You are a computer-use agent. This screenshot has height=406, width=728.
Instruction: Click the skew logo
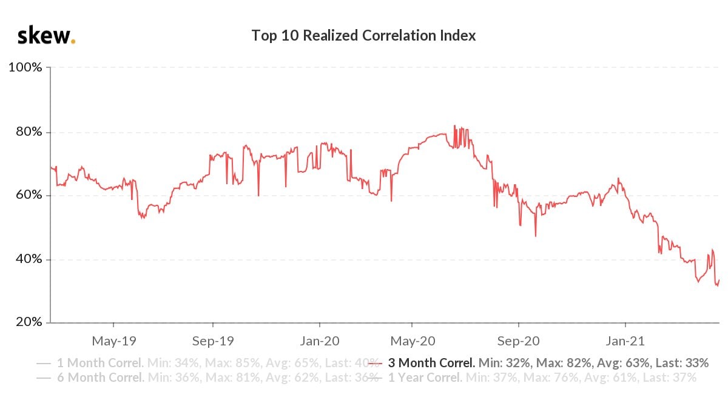(x=46, y=36)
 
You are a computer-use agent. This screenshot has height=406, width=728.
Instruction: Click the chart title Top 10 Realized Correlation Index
(x=363, y=36)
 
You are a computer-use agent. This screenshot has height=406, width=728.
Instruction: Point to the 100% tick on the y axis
(x=25, y=67)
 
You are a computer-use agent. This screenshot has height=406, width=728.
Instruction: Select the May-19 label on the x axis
(x=113, y=341)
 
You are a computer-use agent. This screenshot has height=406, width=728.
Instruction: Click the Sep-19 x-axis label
(x=212, y=341)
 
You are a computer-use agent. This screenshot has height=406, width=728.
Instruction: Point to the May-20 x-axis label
(x=411, y=341)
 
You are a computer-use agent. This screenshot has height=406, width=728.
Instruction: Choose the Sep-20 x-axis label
(x=518, y=341)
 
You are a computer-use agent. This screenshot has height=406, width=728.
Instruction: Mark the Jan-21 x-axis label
(x=625, y=341)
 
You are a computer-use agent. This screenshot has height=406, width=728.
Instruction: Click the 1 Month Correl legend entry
(x=100, y=364)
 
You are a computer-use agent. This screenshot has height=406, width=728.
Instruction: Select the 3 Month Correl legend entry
(x=431, y=364)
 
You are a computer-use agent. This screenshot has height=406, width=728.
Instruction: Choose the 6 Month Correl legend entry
(x=100, y=378)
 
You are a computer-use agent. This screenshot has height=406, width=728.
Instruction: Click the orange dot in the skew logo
(x=73, y=42)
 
